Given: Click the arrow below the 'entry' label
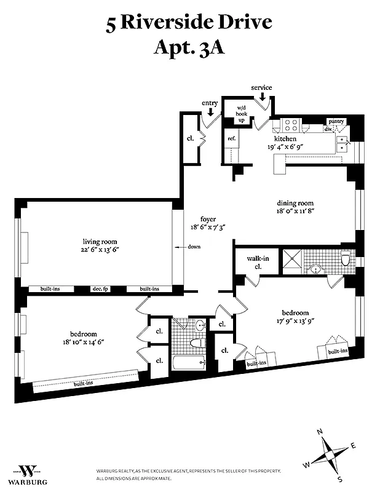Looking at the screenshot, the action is pos(210,112).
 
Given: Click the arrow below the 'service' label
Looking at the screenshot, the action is pos(262,97).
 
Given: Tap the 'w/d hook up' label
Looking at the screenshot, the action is pos(241,114).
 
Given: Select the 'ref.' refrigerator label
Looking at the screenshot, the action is pos(232,138).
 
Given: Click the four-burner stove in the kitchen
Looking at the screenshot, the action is pos(291,125).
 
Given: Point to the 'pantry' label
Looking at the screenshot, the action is pos(336,121).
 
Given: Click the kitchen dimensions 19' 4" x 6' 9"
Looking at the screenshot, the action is pos(285,146).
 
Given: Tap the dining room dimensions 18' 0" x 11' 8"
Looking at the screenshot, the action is pos(295,211).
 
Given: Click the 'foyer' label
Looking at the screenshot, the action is pos(208,220).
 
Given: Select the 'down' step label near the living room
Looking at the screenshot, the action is pos(194,247).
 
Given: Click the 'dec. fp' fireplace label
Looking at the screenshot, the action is pos(100,289).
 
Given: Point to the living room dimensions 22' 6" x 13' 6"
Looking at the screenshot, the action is pos(100,250).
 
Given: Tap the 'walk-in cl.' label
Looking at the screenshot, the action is pos(258,263).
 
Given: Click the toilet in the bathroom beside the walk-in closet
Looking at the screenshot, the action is pos(345,258).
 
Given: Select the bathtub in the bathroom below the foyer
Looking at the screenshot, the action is pos(189,363).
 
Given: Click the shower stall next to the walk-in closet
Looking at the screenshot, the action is pos(292,258).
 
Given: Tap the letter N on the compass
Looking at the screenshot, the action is pos(320,432).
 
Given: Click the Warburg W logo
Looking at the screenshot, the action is pos(28,470).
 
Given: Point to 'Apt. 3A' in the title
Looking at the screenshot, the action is pos(189,48).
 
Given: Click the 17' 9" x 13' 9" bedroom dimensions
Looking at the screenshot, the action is pos(295,320).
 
